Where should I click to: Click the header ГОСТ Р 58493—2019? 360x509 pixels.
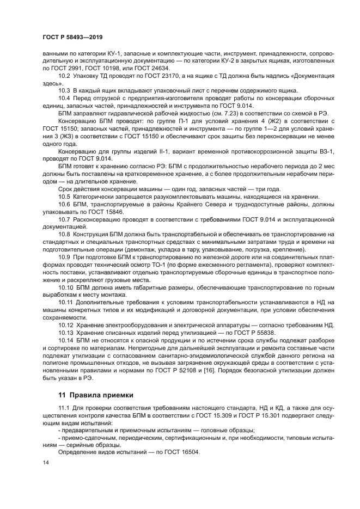[72, 36]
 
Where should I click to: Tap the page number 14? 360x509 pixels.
[45, 463]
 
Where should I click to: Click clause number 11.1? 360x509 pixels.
[65, 408]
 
